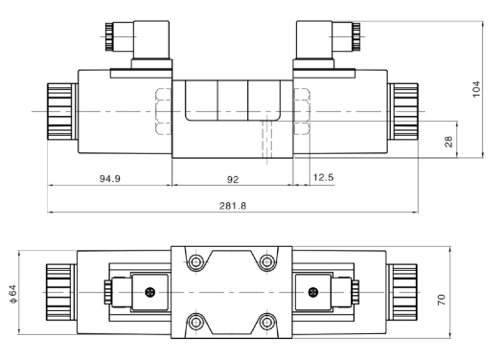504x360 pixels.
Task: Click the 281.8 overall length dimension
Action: pos(233,206)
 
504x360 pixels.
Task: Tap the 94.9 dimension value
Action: pos(110,178)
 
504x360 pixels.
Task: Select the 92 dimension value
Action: pos(233,179)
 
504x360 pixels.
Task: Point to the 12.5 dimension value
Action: pos(323,177)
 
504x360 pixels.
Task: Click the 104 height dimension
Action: pos(476,89)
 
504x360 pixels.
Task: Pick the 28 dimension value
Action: pos(448,142)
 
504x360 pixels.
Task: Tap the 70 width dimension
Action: pos(442,300)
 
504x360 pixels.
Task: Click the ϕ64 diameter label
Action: pos(13,294)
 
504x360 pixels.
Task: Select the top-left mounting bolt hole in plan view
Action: pos(195,262)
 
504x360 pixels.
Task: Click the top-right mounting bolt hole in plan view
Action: pos(266,262)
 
